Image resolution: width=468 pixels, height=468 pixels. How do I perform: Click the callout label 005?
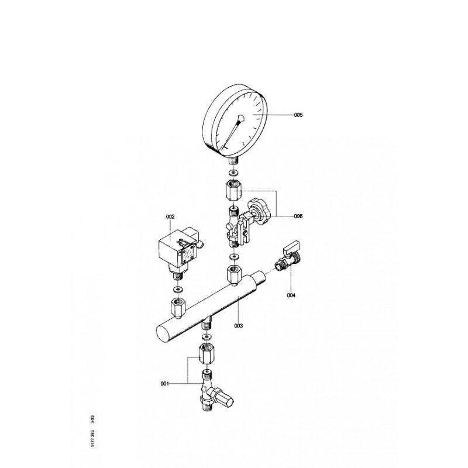point(298,115)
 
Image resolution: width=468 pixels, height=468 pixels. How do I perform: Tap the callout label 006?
point(298,216)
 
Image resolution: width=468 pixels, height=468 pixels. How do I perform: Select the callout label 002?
point(170,216)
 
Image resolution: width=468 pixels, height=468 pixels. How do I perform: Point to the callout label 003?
point(239,326)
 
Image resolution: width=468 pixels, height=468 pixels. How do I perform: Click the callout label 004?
point(291,295)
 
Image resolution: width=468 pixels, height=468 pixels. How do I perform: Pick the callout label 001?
point(165,384)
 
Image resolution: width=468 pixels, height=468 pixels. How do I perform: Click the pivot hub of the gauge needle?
point(240,119)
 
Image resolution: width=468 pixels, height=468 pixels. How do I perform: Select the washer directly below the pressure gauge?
point(233,173)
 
